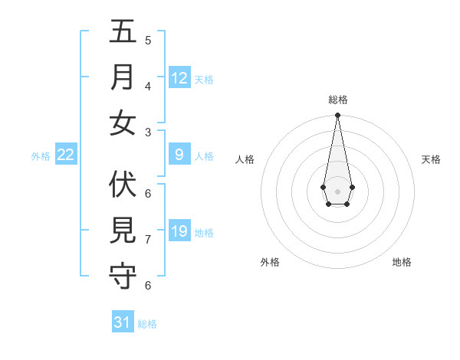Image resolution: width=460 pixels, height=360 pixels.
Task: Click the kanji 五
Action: click(x=123, y=32)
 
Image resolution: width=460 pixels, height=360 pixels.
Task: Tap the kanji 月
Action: click(x=123, y=77)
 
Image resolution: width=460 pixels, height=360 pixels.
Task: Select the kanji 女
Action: click(x=123, y=123)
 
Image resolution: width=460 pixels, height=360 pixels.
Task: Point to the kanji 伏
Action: click(x=123, y=185)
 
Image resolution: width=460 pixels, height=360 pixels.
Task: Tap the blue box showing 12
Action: click(x=179, y=78)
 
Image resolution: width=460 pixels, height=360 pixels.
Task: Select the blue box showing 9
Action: click(x=179, y=155)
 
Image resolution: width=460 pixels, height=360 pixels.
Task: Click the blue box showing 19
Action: click(x=179, y=231)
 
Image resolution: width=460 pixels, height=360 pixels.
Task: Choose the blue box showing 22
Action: click(x=66, y=155)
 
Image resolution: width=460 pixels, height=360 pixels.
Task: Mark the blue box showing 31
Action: click(x=123, y=322)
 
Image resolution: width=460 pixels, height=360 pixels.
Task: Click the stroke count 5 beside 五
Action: click(x=148, y=40)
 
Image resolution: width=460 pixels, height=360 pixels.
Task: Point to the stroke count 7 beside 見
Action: click(x=148, y=240)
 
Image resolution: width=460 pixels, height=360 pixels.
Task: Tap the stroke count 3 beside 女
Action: click(x=148, y=132)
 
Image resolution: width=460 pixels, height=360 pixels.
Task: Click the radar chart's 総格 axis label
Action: click(x=337, y=100)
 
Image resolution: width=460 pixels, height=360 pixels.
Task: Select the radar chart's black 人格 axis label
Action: click(x=245, y=159)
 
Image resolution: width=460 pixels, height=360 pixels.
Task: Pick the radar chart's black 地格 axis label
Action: click(x=402, y=262)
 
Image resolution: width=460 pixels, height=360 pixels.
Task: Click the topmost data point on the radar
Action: click(x=337, y=116)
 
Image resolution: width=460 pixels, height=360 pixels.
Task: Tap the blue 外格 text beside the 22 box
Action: click(x=41, y=156)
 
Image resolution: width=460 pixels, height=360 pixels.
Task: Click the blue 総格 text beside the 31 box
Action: click(x=147, y=324)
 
